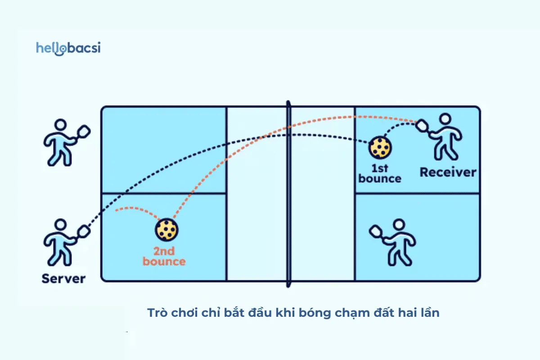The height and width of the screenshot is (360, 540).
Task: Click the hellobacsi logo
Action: tap(68, 48)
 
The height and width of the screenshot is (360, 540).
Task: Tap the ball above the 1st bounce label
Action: tap(380, 148)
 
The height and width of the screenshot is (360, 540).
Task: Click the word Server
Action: tap(63, 279)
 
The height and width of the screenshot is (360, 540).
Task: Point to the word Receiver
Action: tap(448, 172)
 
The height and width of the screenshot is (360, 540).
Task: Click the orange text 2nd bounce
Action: tap(164, 256)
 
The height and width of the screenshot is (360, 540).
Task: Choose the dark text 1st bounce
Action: tap(380, 173)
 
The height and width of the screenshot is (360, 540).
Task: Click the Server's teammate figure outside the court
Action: tap(61, 142)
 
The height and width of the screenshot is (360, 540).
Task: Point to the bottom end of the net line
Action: tap(288, 285)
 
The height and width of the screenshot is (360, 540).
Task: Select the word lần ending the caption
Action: tap(429, 313)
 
